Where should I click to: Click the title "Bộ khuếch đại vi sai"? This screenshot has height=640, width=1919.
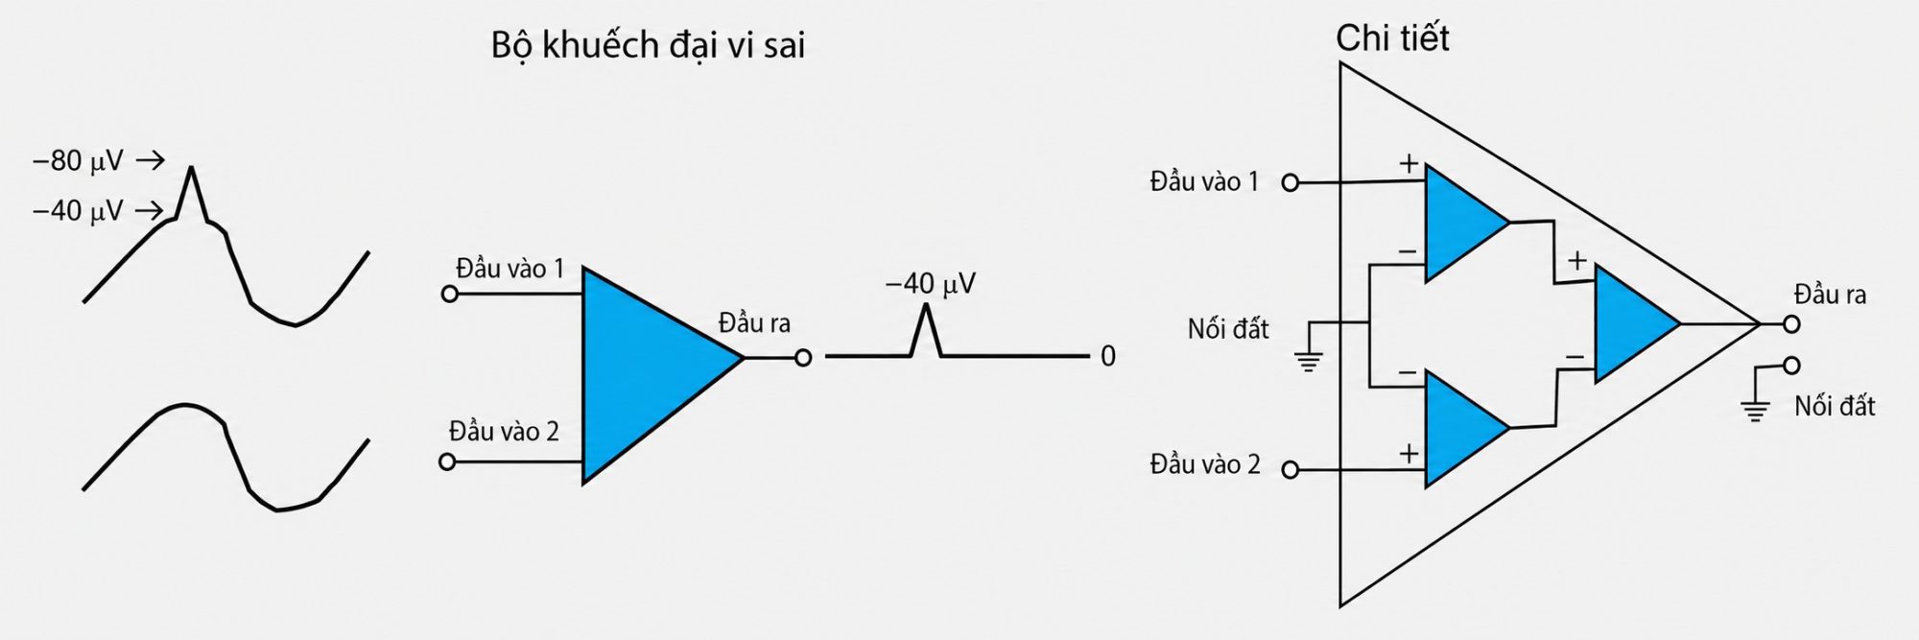pyautogui.click(x=648, y=46)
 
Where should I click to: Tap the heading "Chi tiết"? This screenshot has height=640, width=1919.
pyautogui.click(x=1392, y=38)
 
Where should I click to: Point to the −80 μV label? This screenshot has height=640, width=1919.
pyautogui.click(x=79, y=161)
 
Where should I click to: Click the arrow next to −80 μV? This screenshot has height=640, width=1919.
pyautogui.click(x=151, y=160)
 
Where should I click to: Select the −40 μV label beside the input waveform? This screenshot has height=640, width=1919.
pyautogui.click(x=79, y=211)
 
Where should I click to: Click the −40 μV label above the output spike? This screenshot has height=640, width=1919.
pyautogui.click(x=931, y=284)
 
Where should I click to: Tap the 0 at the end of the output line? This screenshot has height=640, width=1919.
pyautogui.click(x=1108, y=357)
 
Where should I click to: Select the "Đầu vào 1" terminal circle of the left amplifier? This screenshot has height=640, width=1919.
pyautogui.click(x=450, y=294)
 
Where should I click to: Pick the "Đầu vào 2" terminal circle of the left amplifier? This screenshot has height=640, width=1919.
pyautogui.click(x=447, y=462)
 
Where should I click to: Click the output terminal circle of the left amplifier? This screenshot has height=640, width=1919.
pyautogui.click(x=803, y=358)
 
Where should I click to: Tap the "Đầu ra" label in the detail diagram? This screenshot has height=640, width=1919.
pyautogui.click(x=1830, y=295)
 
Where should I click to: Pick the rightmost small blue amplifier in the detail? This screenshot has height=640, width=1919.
pyautogui.click(x=1637, y=324)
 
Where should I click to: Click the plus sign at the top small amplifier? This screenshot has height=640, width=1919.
pyautogui.click(x=1408, y=164)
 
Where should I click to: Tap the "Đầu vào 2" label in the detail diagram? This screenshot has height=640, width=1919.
pyautogui.click(x=1205, y=465)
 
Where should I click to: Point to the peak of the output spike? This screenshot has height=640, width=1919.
pyautogui.click(x=926, y=305)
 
